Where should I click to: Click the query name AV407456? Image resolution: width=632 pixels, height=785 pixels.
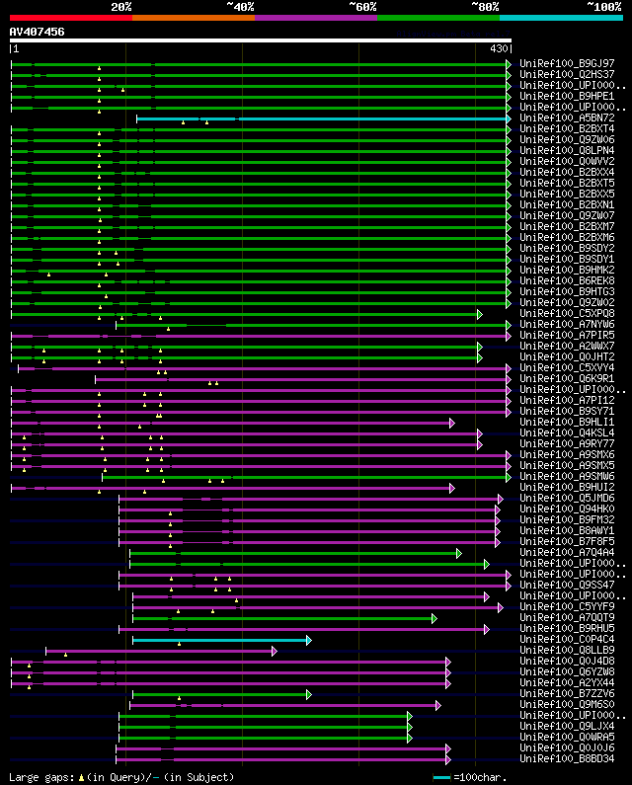[38, 32]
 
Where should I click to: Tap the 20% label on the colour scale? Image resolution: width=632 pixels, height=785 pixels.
[121, 7]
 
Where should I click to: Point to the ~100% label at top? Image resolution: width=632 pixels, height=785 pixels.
[603, 7]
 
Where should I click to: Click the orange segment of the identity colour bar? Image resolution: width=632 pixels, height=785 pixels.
[193, 17]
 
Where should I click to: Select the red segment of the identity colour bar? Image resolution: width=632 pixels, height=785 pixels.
[70, 17]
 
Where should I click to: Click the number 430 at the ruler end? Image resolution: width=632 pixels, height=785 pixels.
[499, 48]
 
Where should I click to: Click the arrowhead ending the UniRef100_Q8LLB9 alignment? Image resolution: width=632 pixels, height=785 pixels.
[275, 651]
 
